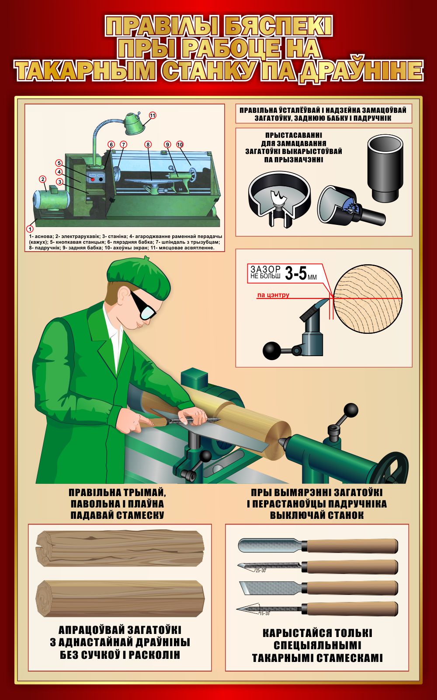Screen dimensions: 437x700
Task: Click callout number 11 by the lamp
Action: [153, 115]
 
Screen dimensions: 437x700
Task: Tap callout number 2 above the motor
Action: [42, 179]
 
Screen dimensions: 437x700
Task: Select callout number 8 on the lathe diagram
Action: [148, 144]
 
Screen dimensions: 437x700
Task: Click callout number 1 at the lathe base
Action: [30, 229]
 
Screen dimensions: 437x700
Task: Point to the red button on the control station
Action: [92, 179]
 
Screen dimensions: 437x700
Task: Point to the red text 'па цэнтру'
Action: [273, 295]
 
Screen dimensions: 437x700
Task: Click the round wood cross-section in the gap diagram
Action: [368, 299]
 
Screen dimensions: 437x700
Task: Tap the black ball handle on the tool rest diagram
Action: [272, 350]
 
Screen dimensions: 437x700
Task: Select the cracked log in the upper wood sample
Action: [120, 549]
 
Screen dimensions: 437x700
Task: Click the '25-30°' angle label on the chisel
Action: [260, 570]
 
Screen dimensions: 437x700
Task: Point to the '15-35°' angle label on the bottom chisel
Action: [264, 613]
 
